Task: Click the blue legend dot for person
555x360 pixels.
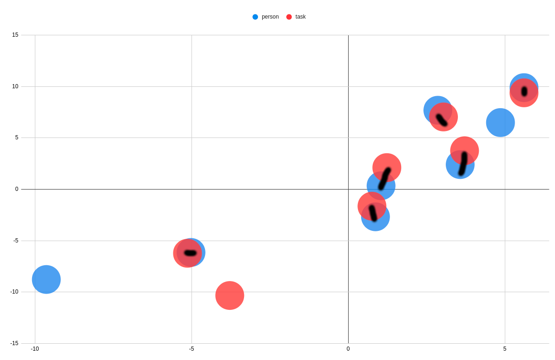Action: (x=255, y=17)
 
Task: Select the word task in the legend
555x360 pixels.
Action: (x=300, y=17)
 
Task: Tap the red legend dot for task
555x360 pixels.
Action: (x=289, y=17)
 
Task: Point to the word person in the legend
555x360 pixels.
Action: (x=270, y=17)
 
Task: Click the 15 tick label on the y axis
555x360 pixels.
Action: (x=15, y=35)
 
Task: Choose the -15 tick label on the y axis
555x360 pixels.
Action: (x=14, y=343)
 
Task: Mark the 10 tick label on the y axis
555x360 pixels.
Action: (x=15, y=86)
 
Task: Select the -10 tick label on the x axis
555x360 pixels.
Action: (x=35, y=349)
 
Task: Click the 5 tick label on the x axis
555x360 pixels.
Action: (x=505, y=349)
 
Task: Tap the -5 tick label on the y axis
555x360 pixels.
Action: (x=14, y=241)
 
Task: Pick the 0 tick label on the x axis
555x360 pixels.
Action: (x=348, y=349)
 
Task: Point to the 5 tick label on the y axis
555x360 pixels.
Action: (x=17, y=137)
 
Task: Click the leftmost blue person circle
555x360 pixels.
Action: (x=46, y=280)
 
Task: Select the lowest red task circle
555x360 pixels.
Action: (x=230, y=295)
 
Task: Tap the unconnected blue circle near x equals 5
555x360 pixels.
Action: (x=500, y=123)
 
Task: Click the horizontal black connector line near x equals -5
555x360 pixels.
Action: (x=191, y=253)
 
